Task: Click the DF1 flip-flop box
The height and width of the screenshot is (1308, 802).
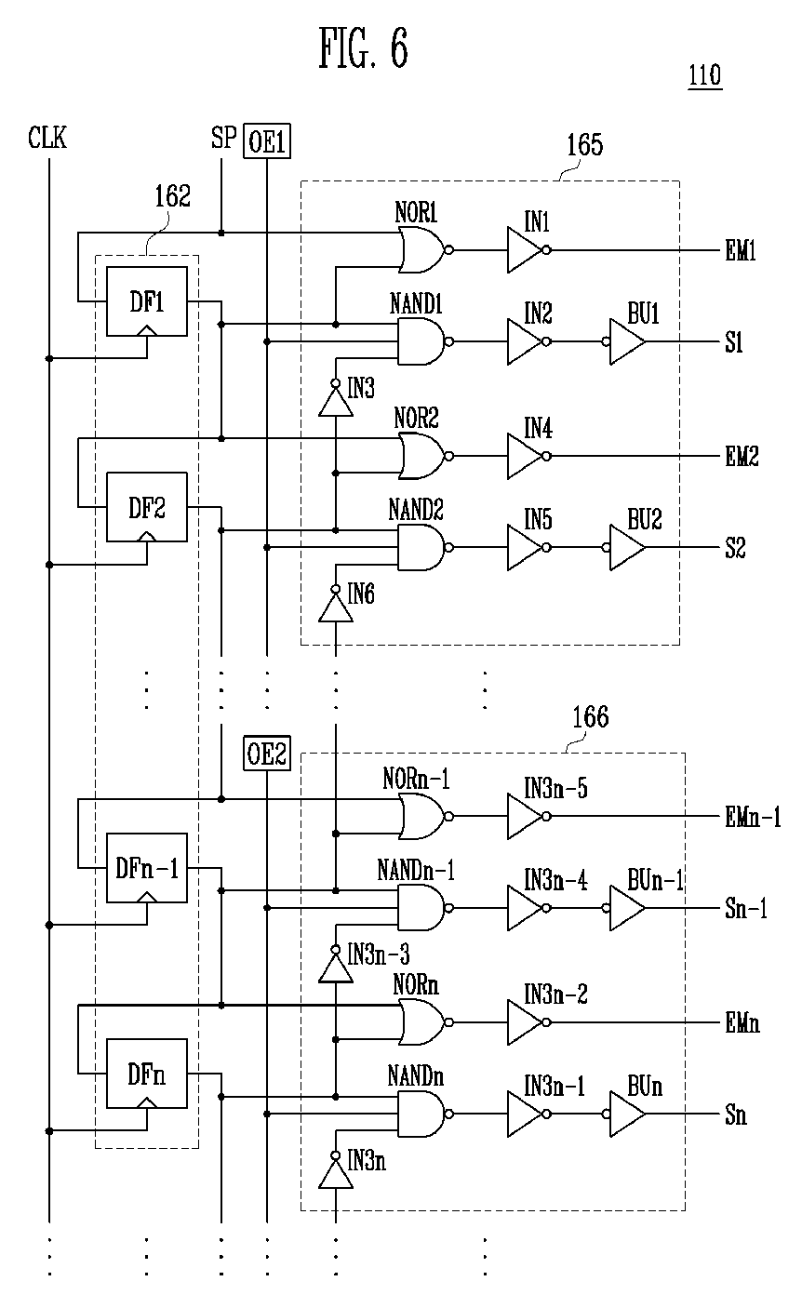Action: coord(146,300)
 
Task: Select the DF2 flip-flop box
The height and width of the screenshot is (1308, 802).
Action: coord(146,507)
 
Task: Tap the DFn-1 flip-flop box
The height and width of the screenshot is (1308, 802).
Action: coord(146,867)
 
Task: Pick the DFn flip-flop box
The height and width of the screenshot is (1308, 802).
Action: coord(146,1074)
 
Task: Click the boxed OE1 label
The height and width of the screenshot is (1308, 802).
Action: coord(267,142)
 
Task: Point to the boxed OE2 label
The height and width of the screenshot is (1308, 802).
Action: coord(267,754)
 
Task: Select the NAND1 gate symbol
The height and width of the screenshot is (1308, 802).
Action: coord(421,341)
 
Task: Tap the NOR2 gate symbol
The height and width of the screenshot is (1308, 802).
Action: coord(421,457)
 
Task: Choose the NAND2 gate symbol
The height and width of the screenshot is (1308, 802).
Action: coord(421,547)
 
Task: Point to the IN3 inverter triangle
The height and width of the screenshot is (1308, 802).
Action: coord(335,400)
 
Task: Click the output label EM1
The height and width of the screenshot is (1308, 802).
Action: coord(742,251)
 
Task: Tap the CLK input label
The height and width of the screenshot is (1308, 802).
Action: coord(47,140)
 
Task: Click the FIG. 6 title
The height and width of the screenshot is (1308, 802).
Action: coord(363,49)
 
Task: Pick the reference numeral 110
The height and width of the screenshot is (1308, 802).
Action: coord(704,75)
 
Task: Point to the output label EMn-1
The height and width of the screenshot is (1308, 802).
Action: coord(752,818)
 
